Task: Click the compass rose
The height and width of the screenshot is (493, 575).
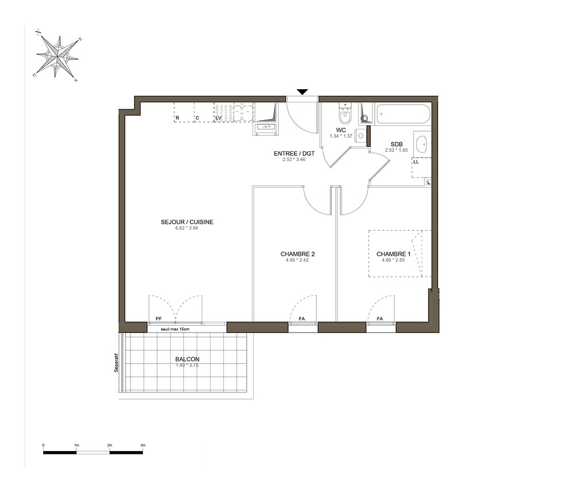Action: (57, 56)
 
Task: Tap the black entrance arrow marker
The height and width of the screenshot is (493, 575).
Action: (302, 92)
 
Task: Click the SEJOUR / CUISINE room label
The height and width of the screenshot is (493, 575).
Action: (187, 222)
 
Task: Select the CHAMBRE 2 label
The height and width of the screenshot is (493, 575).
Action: (297, 254)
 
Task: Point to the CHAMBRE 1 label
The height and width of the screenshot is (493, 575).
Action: (393, 254)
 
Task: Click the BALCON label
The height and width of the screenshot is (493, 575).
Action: (187, 359)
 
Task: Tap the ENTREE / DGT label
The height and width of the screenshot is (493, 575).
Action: (294, 154)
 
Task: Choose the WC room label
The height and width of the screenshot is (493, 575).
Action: (341, 130)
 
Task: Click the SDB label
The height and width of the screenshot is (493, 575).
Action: (396, 144)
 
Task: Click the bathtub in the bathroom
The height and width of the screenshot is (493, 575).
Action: (402, 114)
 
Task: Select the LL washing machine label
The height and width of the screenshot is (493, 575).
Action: (416, 162)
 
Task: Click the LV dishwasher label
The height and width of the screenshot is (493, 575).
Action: (218, 118)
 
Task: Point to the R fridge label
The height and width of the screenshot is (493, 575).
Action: (178, 118)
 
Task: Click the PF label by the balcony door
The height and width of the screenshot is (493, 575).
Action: (159, 319)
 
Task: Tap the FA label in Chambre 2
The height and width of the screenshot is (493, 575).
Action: (302, 319)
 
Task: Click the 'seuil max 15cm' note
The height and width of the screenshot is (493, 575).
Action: (175, 329)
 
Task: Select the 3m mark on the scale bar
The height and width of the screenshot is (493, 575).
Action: (143, 445)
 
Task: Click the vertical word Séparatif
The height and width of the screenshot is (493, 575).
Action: (116, 363)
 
